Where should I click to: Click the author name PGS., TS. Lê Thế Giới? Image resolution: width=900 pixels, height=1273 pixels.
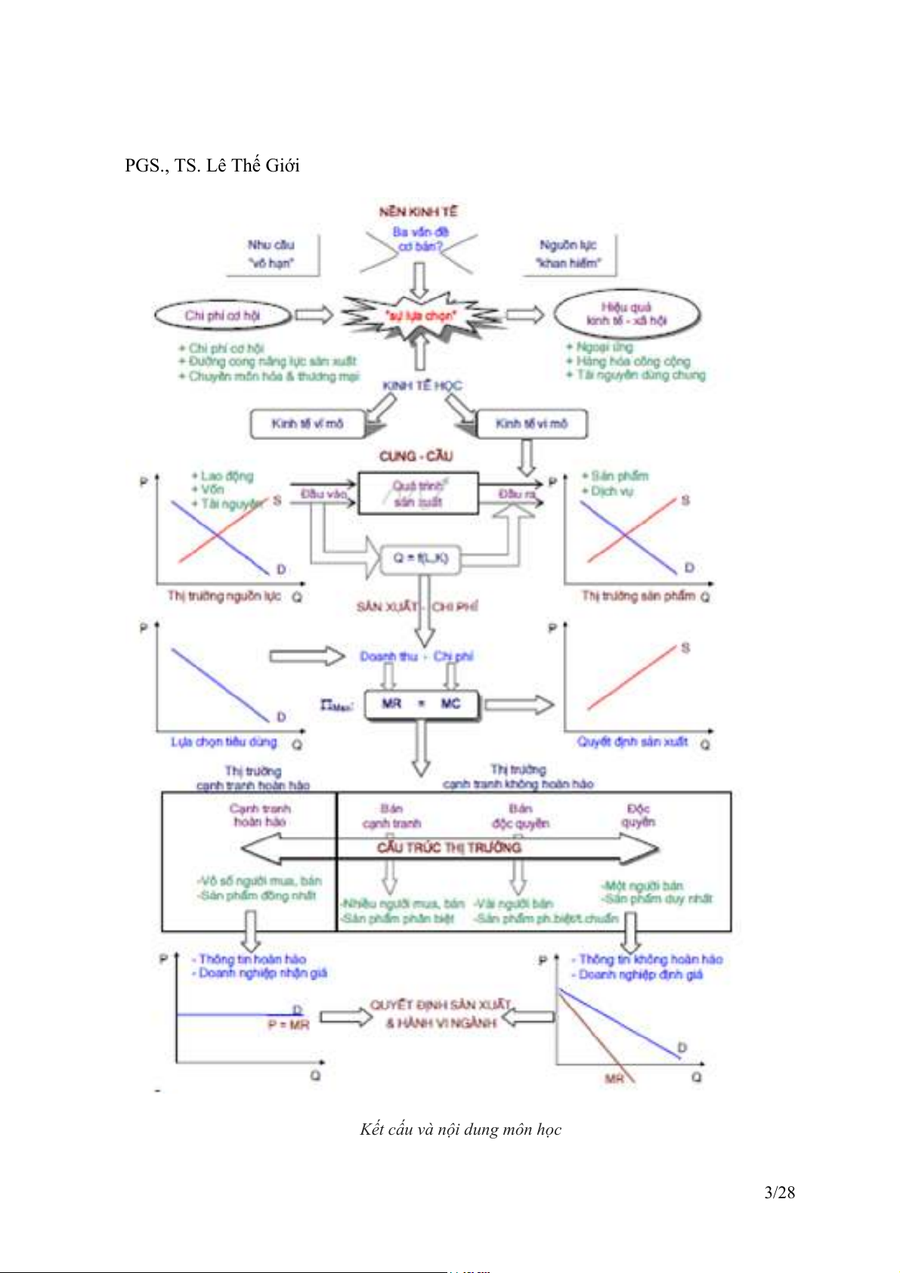click(212, 165)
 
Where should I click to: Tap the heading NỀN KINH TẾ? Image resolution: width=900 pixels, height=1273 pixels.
click(418, 212)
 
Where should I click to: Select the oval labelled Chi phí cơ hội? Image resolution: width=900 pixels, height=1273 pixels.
click(222, 316)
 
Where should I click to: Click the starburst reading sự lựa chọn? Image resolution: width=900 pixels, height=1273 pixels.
click(420, 316)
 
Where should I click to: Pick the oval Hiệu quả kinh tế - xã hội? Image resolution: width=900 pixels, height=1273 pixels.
click(626, 314)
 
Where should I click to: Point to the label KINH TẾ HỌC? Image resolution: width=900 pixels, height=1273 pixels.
click(422, 385)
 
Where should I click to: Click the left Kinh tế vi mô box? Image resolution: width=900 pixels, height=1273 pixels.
click(307, 424)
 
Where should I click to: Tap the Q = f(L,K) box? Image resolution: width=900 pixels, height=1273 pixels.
click(420, 558)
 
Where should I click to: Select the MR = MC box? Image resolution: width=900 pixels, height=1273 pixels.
click(421, 704)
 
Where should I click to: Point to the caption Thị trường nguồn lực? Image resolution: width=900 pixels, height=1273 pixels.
click(224, 596)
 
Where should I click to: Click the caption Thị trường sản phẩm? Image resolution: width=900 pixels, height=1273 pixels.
click(638, 596)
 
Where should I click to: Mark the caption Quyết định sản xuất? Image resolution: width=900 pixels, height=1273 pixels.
click(632, 742)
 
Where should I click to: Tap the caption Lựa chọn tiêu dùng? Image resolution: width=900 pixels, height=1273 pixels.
click(224, 743)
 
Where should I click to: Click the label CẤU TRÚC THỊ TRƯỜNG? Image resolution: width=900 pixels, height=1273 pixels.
click(449, 848)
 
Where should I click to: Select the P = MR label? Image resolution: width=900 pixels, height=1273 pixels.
click(289, 1025)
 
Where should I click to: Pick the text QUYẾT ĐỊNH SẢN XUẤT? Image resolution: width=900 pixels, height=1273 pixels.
click(441, 1006)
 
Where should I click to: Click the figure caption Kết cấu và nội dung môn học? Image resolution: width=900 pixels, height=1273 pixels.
click(460, 1129)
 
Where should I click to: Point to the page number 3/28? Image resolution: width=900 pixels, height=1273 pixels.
click(779, 1192)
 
